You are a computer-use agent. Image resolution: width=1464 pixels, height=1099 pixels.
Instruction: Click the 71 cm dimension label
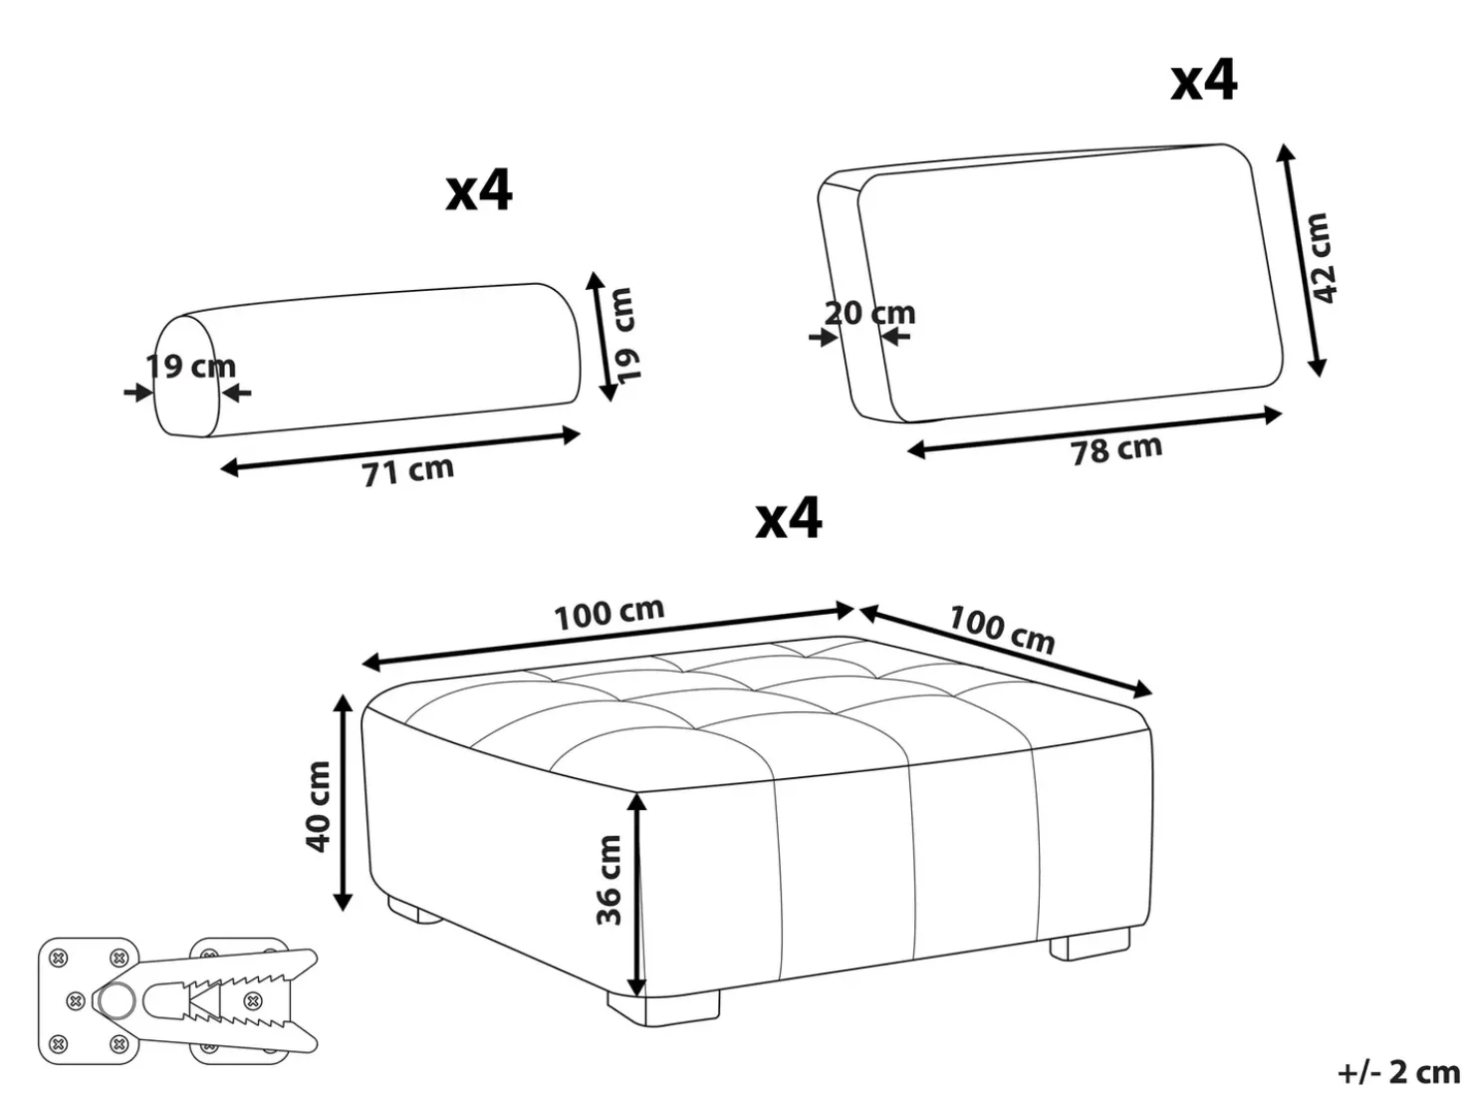(x=407, y=470)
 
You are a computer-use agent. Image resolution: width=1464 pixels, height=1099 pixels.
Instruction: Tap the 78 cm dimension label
(x=1116, y=449)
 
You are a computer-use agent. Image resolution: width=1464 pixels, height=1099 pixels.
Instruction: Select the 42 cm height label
(x=1320, y=258)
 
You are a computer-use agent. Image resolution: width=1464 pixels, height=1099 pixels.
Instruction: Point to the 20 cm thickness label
(x=869, y=313)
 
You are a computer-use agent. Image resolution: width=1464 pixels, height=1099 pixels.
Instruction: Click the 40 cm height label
(x=318, y=806)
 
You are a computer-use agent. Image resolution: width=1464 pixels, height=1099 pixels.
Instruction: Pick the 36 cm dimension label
(x=609, y=880)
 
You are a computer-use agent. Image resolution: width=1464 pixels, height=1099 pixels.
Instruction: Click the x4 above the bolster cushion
(x=479, y=191)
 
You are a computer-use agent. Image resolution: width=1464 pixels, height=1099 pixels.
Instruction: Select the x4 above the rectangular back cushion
(x=1204, y=80)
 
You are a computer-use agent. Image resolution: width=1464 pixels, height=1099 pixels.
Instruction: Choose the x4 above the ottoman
(x=789, y=517)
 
